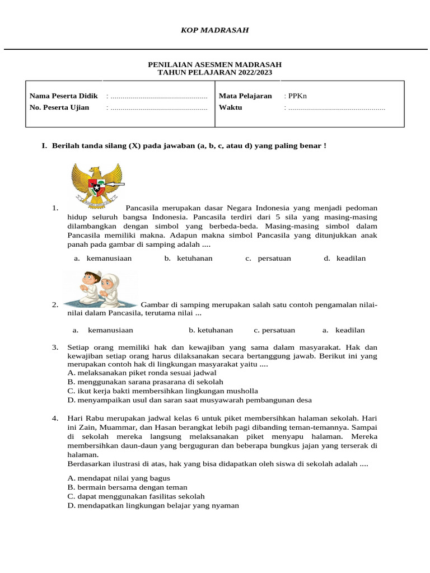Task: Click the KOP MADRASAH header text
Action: (x=214, y=30)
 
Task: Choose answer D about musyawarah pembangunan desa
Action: (x=189, y=400)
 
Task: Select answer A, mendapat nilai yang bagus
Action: (x=119, y=478)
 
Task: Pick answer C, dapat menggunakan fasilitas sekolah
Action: (x=136, y=496)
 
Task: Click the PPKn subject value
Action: (x=296, y=96)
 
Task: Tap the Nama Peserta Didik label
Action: (x=63, y=96)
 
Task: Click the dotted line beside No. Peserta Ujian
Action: (x=157, y=107)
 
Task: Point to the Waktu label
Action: (x=230, y=107)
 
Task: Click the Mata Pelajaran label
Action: (x=245, y=96)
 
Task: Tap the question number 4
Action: (x=55, y=418)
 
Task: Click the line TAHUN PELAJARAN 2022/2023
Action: (x=214, y=73)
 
